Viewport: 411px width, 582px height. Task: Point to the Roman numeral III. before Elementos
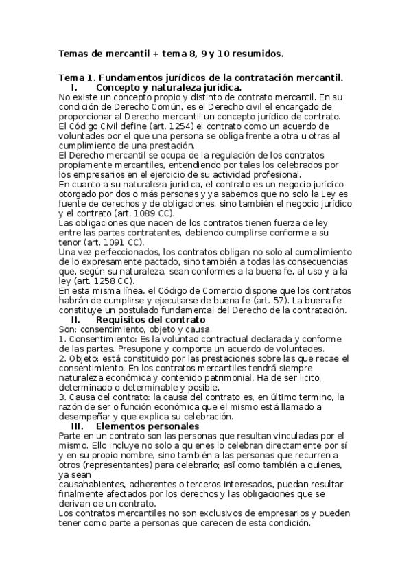78,426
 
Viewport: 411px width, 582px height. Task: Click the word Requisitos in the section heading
125,320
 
